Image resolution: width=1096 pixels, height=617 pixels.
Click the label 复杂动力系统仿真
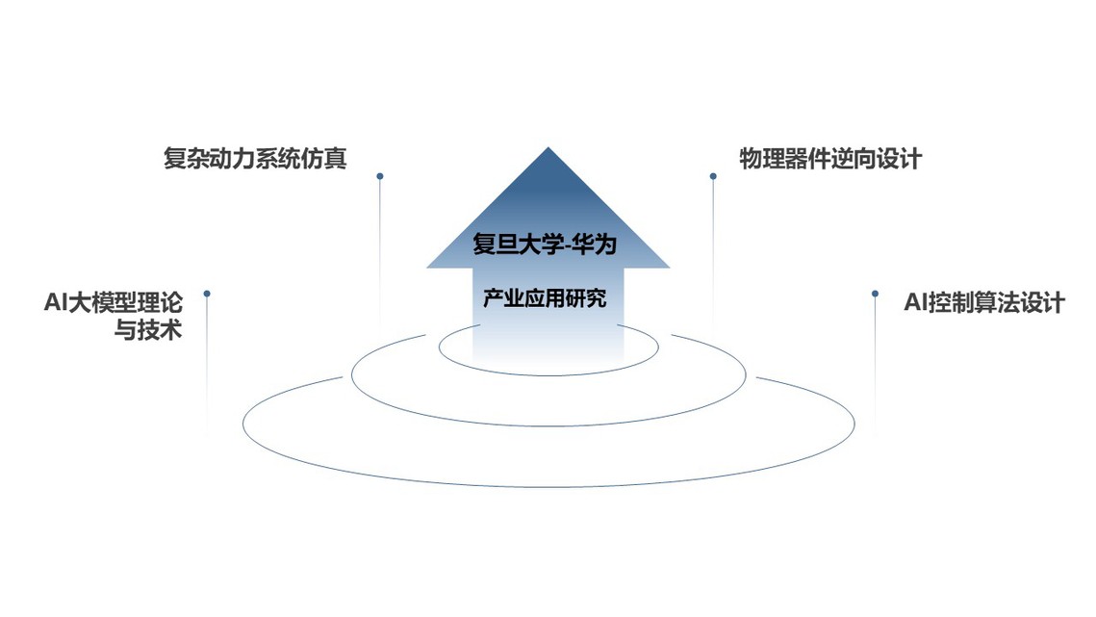[255, 159]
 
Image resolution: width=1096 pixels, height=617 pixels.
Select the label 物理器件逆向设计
[830, 159]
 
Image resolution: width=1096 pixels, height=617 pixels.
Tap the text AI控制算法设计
[984, 303]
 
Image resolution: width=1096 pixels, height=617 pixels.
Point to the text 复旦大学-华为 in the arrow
[545, 244]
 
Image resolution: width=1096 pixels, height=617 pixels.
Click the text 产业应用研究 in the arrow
[545, 298]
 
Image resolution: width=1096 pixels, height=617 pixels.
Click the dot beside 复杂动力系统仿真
[379, 176]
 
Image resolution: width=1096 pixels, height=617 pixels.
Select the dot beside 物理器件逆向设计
[713, 176]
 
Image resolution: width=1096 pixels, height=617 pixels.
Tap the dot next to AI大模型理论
[207, 294]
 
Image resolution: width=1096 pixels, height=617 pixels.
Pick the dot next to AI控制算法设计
[875, 294]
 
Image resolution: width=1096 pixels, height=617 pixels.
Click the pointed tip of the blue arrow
[548, 147]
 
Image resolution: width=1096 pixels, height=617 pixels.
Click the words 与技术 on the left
[148, 329]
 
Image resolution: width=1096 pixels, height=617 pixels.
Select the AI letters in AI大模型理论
[55, 303]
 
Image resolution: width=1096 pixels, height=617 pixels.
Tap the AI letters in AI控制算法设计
[915, 303]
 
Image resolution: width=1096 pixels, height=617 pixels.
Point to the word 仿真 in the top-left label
[324, 159]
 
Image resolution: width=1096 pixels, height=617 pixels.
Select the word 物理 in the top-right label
[762, 159]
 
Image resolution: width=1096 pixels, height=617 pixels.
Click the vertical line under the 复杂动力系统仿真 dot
[379, 253]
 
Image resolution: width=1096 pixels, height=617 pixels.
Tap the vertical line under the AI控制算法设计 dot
[875, 365]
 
